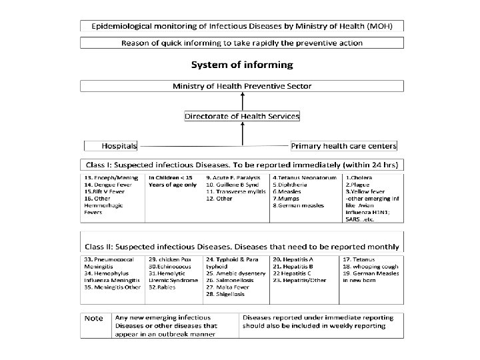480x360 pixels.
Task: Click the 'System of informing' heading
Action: pos(241,65)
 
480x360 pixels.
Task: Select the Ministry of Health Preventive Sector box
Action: pos(241,86)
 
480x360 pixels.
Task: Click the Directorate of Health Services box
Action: pos(241,116)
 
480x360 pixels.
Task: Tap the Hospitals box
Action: pos(111,145)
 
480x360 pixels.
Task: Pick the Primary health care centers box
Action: pos(344,145)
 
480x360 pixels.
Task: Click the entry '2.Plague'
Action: pos(358,185)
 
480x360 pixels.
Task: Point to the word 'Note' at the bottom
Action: pos(93,317)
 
